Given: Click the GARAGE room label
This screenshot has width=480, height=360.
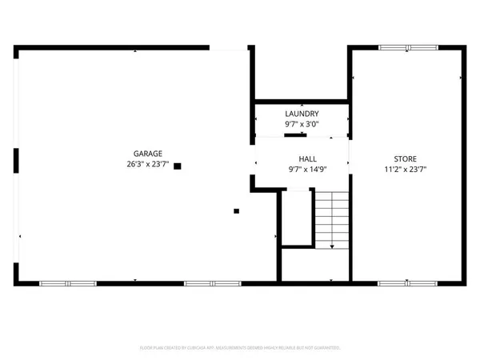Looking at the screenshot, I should tap(148, 154).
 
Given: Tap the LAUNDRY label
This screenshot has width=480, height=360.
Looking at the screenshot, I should tap(302, 114).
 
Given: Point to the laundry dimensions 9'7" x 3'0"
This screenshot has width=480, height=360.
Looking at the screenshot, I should tap(302, 125).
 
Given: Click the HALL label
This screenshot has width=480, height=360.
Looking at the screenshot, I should tap(302, 159).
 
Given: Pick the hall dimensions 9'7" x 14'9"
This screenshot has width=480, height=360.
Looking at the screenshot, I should tap(302, 170).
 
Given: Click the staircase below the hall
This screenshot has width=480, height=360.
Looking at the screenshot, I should tap(330, 220).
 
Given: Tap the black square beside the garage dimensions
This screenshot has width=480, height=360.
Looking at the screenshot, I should tap(178, 166).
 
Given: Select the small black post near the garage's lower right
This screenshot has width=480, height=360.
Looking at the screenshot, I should tap(236, 211).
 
